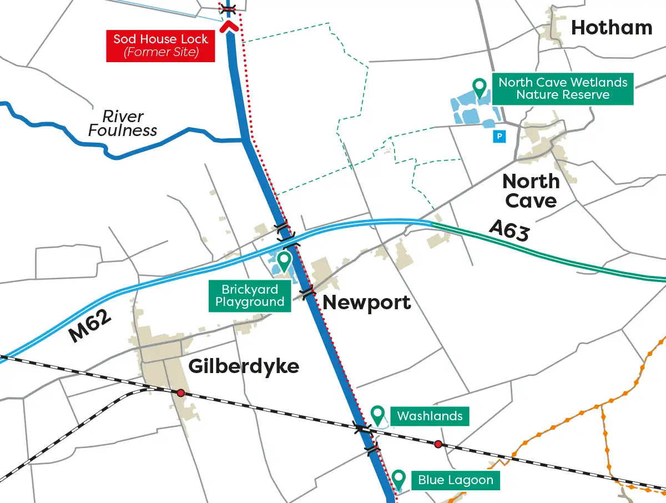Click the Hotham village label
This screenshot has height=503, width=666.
(x=612, y=28)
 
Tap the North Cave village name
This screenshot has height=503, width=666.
(x=531, y=191)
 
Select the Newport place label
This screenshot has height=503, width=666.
(x=367, y=303)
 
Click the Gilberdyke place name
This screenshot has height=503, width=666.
(x=244, y=366)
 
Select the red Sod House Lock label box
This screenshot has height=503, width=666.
(x=161, y=46)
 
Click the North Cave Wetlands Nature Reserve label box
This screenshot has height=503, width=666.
(x=563, y=89)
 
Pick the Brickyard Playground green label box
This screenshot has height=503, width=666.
(x=250, y=296)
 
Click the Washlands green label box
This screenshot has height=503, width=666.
(x=430, y=416)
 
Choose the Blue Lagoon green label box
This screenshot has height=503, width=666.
(x=455, y=480)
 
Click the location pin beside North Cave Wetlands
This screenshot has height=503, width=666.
(x=479, y=86)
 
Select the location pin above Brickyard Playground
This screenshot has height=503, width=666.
(x=284, y=260)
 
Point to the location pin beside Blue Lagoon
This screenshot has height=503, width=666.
(x=398, y=477)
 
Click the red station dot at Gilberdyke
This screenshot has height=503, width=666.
(x=180, y=393)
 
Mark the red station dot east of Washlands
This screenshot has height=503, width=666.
(x=438, y=444)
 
